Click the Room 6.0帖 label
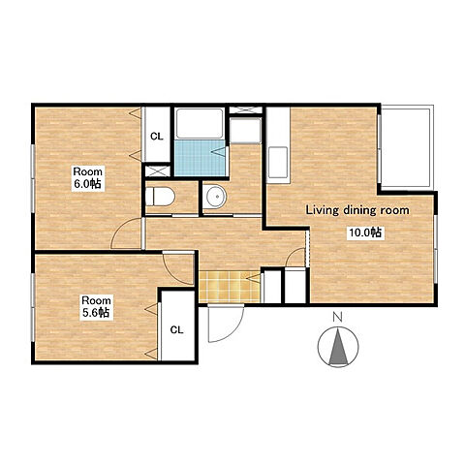click(88, 178)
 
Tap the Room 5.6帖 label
click(96, 307)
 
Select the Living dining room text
click(357, 210)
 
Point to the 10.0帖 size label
click(366, 232)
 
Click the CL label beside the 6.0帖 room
click(157, 137)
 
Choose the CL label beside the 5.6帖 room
click(176, 330)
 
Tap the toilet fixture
click(160, 197)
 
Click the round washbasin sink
click(216, 197)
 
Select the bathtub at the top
click(200, 124)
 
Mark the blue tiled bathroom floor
click(200, 158)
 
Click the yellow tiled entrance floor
click(230, 287)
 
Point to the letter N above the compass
click(338, 318)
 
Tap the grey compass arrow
click(338, 347)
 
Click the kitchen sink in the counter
click(278, 163)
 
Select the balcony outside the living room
click(406, 147)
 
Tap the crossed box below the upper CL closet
click(157, 171)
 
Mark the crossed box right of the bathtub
click(246, 109)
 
